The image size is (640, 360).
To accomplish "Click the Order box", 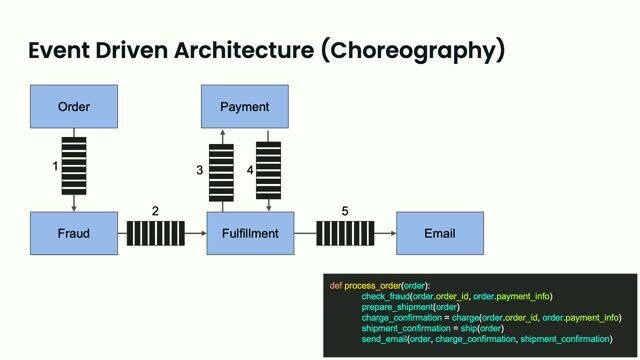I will tap(74, 107).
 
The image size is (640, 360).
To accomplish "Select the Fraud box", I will tap(74, 233).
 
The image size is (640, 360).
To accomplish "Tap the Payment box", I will tap(245, 107).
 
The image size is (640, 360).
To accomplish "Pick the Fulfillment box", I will tap(250, 233).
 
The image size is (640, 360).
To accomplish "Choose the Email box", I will tap(440, 233).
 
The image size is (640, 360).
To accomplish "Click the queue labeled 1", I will tap(74, 165).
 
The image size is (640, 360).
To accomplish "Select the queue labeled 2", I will tap(156, 234).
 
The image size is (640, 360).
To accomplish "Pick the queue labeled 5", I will tap(346, 234).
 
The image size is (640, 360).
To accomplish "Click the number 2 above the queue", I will tap(155, 212).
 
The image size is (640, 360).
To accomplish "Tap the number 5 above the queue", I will tap(345, 212).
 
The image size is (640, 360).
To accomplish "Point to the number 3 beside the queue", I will tap(200, 171).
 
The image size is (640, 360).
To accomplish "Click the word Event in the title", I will tap(59, 50).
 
